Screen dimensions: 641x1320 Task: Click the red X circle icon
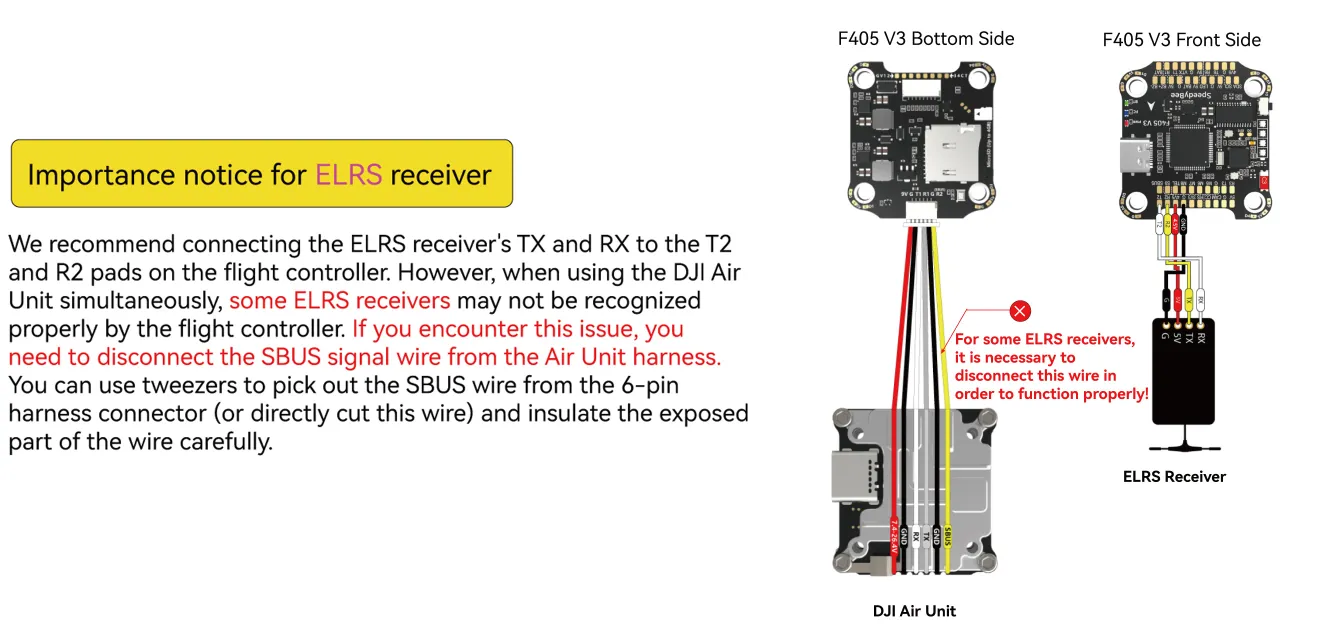(x=1019, y=311)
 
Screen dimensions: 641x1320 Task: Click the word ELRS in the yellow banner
(x=348, y=175)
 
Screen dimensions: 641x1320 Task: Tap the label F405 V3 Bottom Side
(x=925, y=39)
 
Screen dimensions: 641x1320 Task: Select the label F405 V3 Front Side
(x=1181, y=40)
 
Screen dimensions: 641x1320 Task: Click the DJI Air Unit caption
(x=914, y=611)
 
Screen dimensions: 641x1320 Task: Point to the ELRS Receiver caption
(x=1173, y=477)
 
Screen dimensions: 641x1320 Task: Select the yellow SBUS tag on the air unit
(x=947, y=535)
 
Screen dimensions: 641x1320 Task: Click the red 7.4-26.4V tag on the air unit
(x=892, y=535)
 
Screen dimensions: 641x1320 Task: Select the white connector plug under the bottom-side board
(x=924, y=220)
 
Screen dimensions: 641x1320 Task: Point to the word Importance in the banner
(x=101, y=175)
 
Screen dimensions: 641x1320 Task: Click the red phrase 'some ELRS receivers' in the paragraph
(x=339, y=300)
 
